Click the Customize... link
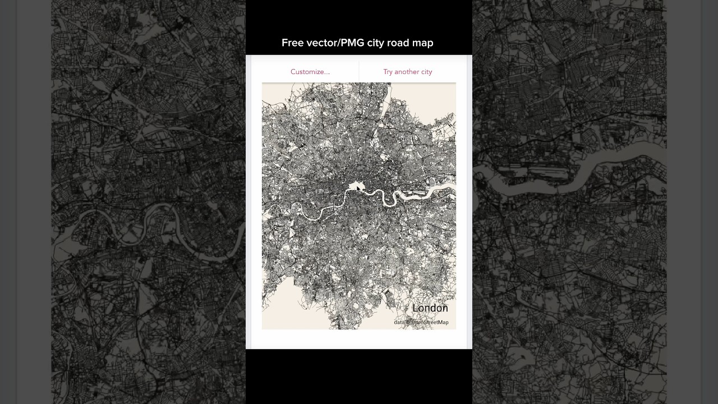pos(310,72)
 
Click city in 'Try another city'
pos(426,72)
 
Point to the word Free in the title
pos(292,43)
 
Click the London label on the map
pos(430,308)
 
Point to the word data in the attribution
pos(399,322)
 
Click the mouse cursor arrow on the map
pos(358,189)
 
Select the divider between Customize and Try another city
pos(359,72)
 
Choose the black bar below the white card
pos(359,376)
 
